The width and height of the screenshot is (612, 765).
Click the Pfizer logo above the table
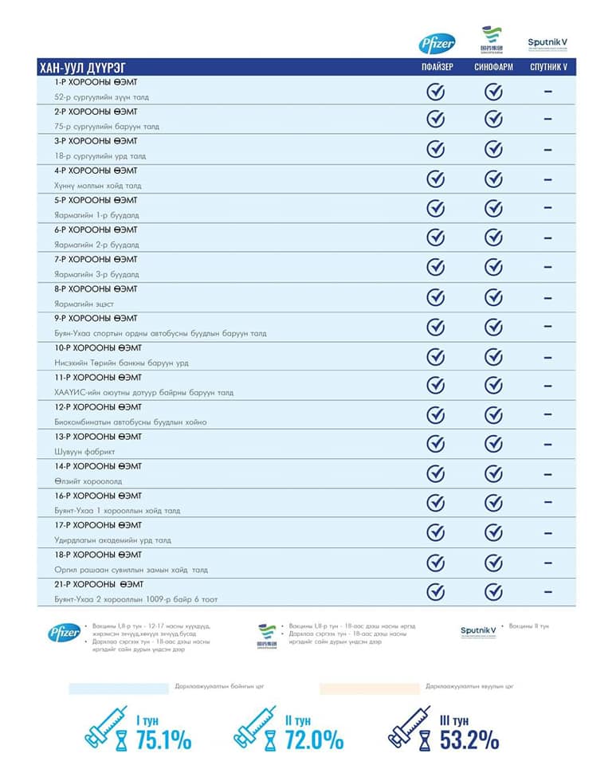pyautogui.click(x=437, y=43)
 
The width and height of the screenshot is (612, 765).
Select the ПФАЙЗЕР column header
pyautogui.click(x=437, y=67)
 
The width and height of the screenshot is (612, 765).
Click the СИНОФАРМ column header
pyautogui.click(x=493, y=67)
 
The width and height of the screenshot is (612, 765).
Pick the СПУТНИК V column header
pyautogui.click(x=548, y=67)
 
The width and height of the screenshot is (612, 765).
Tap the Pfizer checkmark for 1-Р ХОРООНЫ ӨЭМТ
pyautogui.click(x=436, y=91)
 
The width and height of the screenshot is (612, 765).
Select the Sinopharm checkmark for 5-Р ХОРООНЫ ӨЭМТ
pyautogui.click(x=494, y=208)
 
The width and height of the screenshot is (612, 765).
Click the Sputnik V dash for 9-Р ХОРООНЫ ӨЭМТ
pyautogui.click(x=548, y=326)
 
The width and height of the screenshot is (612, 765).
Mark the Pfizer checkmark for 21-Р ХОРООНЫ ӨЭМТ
pyautogui.click(x=436, y=591)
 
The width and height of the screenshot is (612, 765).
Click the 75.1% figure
pyautogui.click(x=163, y=740)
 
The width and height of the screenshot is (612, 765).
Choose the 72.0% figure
pyautogui.click(x=314, y=740)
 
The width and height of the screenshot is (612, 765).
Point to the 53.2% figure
pyautogui.click(x=469, y=740)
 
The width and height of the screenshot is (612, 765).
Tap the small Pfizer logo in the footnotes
pyautogui.click(x=63, y=632)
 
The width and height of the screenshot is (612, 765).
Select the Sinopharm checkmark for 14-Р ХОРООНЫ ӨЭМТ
pyautogui.click(x=494, y=473)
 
